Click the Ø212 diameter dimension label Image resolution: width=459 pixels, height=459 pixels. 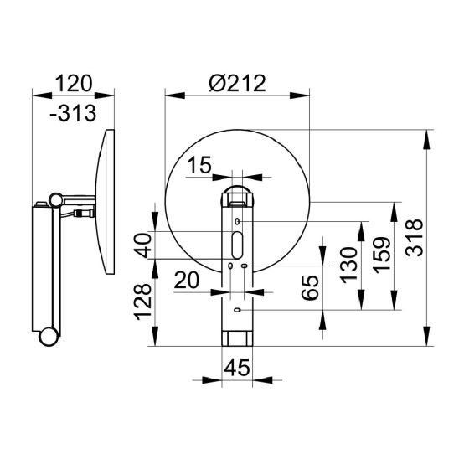(237, 83)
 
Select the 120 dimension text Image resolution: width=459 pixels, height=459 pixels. (74, 84)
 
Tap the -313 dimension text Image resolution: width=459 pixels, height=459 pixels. (73, 113)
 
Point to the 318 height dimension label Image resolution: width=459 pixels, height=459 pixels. (415, 237)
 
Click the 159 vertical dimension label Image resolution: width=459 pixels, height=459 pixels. (382, 255)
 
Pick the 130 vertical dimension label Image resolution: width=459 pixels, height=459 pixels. (349, 266)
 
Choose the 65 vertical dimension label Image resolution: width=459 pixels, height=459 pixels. (310, 287)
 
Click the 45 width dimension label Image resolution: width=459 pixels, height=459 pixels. (237, 368)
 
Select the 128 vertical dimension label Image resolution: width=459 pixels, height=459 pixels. (142, 302)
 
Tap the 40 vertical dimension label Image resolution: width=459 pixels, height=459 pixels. (144, 245)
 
